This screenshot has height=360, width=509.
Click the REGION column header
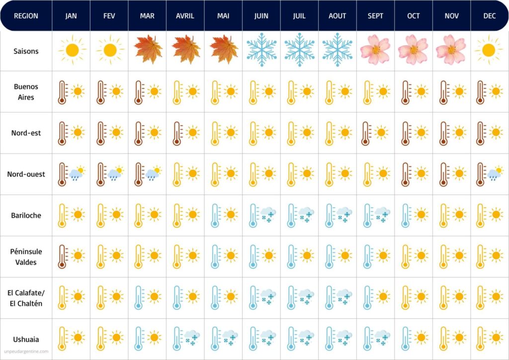26,16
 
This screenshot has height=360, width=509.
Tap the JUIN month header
261,16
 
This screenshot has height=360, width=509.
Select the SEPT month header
375,16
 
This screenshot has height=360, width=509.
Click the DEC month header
489,16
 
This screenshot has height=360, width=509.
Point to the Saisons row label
26,51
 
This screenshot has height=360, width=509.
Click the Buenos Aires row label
26,92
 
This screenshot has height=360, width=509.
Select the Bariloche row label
26,215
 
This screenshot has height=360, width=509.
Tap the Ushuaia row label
26,340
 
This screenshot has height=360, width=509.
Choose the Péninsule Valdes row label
26,257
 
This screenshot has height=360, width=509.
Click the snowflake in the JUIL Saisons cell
299,50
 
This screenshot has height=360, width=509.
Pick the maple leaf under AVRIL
186,49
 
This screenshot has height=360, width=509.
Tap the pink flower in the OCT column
413,50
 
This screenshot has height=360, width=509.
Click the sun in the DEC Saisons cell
488,50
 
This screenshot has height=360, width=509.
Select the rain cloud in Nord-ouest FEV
116,174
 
